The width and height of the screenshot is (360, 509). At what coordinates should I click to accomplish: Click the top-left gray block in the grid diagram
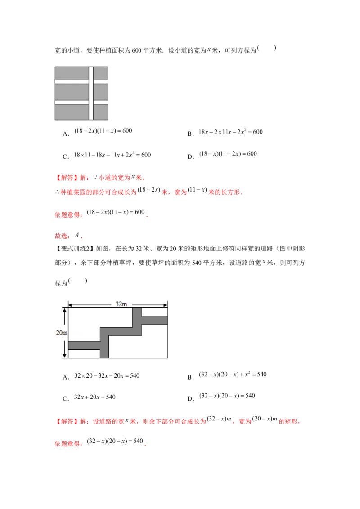coord(72,73)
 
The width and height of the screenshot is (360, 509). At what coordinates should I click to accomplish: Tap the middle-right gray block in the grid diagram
coord(101,92)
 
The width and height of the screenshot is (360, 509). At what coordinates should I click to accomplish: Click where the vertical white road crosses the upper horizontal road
coord(91,81)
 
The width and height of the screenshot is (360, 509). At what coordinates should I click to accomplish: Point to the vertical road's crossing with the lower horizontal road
coord(91,102)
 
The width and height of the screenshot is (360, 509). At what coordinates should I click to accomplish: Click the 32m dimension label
coord(121,304)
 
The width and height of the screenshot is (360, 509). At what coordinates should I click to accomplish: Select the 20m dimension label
coord(61,333)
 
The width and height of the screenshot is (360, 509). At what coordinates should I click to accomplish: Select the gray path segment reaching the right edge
coord(155,320)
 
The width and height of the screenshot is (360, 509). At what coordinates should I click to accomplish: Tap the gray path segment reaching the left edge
coord(84,345)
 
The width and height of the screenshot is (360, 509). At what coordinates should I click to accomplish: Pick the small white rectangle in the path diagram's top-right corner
coord(155,312)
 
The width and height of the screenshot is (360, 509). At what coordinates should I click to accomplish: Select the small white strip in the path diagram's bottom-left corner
coord(84,354)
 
